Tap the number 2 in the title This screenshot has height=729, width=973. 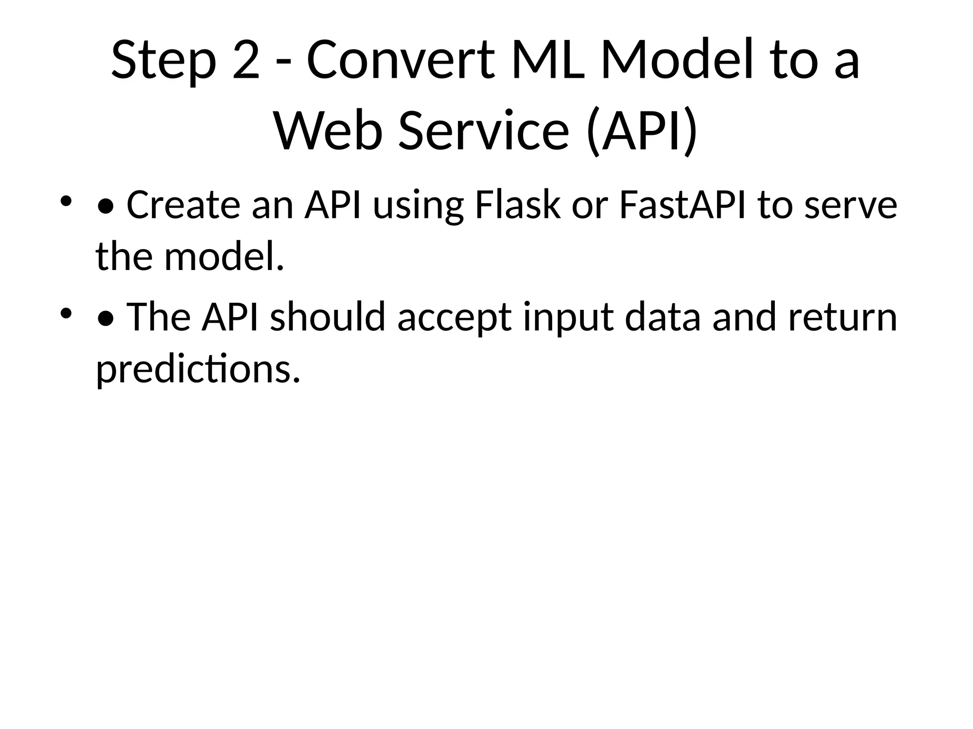247,61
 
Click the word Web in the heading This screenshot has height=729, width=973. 328,130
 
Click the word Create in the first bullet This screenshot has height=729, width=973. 183,205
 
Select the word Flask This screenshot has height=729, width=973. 517,205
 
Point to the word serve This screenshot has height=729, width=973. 850,205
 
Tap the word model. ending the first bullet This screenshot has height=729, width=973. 224,257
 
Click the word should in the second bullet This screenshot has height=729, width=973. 327,317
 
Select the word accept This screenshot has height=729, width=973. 454,317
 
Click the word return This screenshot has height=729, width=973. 842,317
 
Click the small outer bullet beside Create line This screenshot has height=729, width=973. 66,201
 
